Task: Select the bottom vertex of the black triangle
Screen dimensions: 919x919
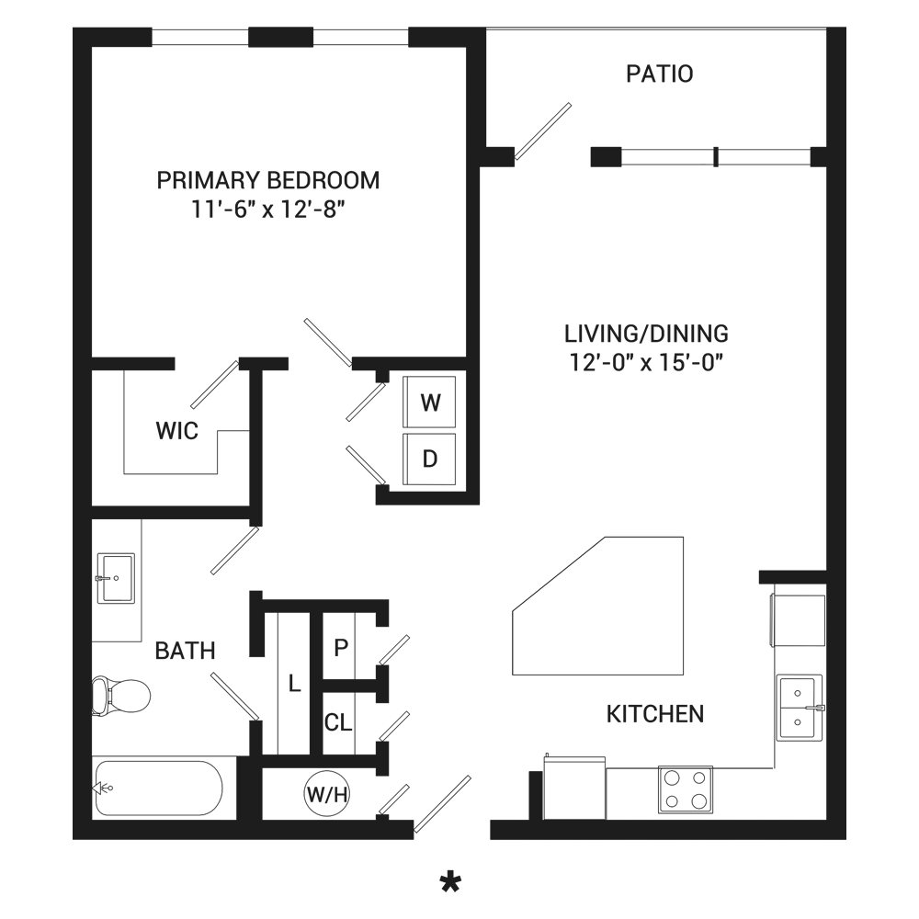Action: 729,484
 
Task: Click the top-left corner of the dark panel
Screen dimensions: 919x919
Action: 73,27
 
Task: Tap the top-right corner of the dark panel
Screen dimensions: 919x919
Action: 845,27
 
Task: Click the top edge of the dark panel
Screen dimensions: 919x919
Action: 459,27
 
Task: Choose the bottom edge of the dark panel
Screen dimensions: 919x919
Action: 459,891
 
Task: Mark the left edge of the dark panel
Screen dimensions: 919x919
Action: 73,459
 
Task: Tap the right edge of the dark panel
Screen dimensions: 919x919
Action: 845,459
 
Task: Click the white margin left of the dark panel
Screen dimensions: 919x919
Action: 36,459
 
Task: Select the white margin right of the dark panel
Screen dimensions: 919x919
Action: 882,459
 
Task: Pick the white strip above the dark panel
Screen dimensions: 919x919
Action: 459,13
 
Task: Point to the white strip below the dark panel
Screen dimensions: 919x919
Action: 459,905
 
